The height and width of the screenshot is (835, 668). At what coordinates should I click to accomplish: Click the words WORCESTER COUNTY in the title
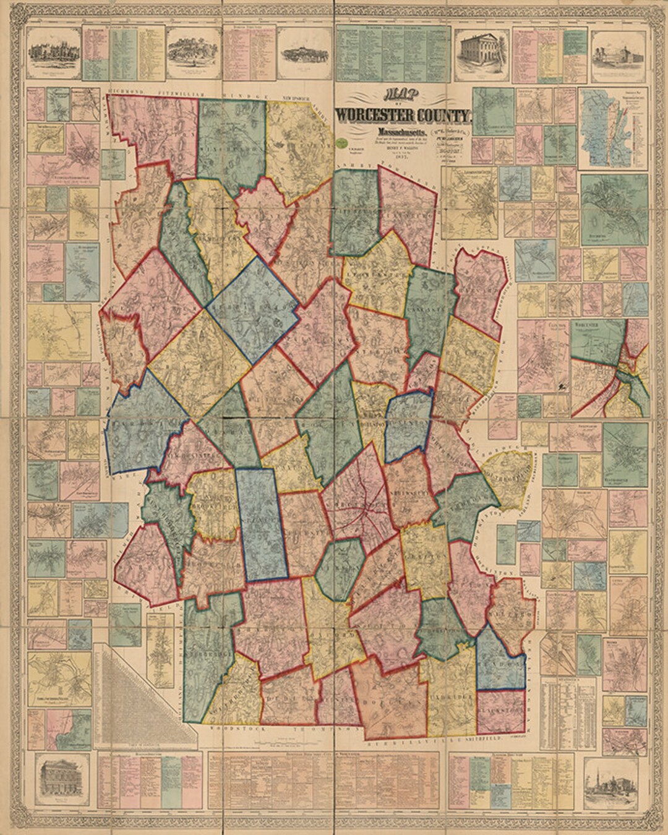click(403, 116)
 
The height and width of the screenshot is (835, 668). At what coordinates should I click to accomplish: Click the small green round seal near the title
click(340, 142)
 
